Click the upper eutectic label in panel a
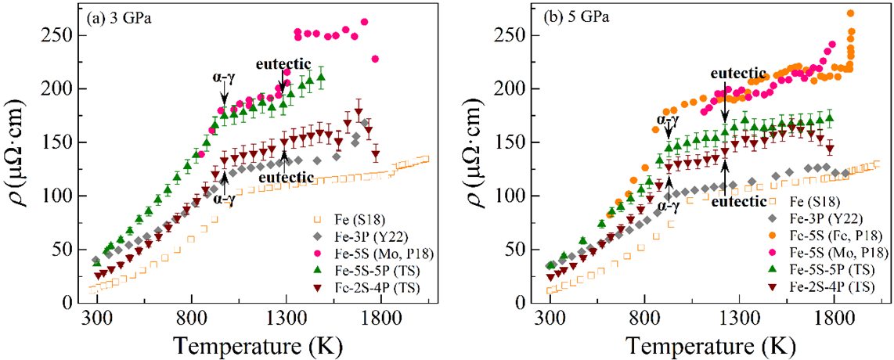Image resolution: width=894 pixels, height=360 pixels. click(x=283, y=63)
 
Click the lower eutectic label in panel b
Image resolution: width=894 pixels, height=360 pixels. click(x=739, y=201)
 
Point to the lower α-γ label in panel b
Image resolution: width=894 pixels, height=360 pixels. click(x=668, y=207)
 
